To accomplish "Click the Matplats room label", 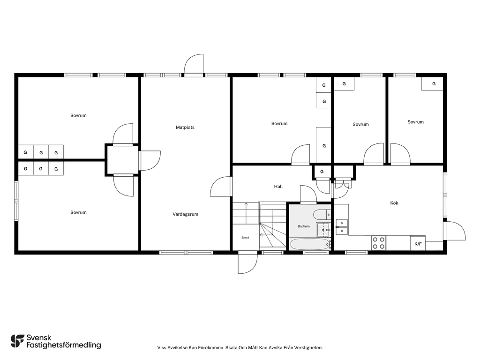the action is pos(185,127).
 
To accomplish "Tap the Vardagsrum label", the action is pos(185,214).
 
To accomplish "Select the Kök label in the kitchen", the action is pos(394,203).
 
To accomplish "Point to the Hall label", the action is pos(278,187).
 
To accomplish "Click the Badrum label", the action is pos(304,226).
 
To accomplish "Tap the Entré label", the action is pos(245,238).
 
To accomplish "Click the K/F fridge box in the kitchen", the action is pos(418,244).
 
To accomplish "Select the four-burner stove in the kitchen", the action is pos(379,243).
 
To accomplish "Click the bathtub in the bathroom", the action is pos(310,244).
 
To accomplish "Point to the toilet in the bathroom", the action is pos(322,215).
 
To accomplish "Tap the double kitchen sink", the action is pos(342,227).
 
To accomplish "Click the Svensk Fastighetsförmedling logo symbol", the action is pos(17,341).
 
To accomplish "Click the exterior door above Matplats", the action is pos(194,64).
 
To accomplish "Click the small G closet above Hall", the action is pos(322,172).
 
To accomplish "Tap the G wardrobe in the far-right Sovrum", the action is pos(432,84).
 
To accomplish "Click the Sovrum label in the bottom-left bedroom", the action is pos(78,212).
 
